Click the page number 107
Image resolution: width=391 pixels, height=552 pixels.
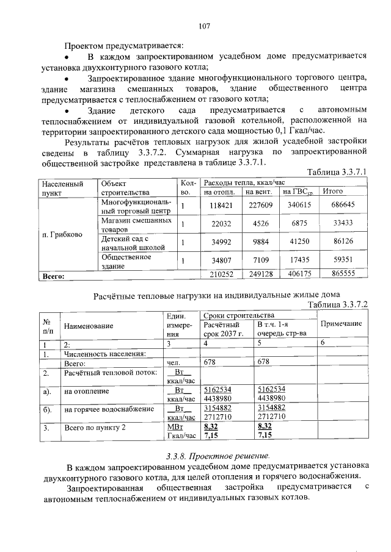tap(204, 26)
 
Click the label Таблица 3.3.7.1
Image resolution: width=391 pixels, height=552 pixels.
tap(337, 172)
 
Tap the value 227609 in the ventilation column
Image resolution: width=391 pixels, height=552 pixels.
tap(261, 206)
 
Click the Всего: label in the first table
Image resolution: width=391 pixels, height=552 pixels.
tap(54, 276)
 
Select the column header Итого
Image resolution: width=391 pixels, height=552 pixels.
tap(332, 192)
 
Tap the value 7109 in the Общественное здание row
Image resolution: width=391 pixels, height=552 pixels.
tap(261, 260)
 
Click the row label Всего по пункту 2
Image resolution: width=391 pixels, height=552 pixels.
tap(95, 428)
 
